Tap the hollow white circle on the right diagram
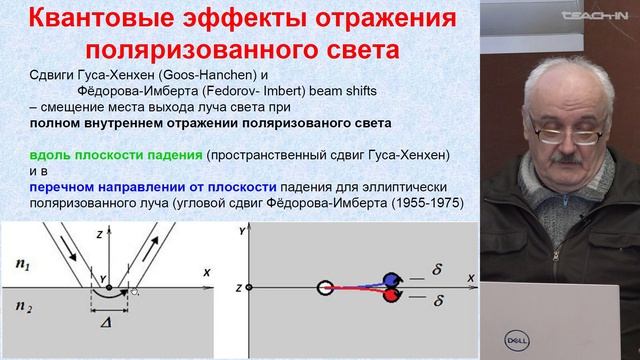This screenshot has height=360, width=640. (x=325, y=289)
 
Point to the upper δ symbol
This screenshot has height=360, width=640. (x=437, y=269)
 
